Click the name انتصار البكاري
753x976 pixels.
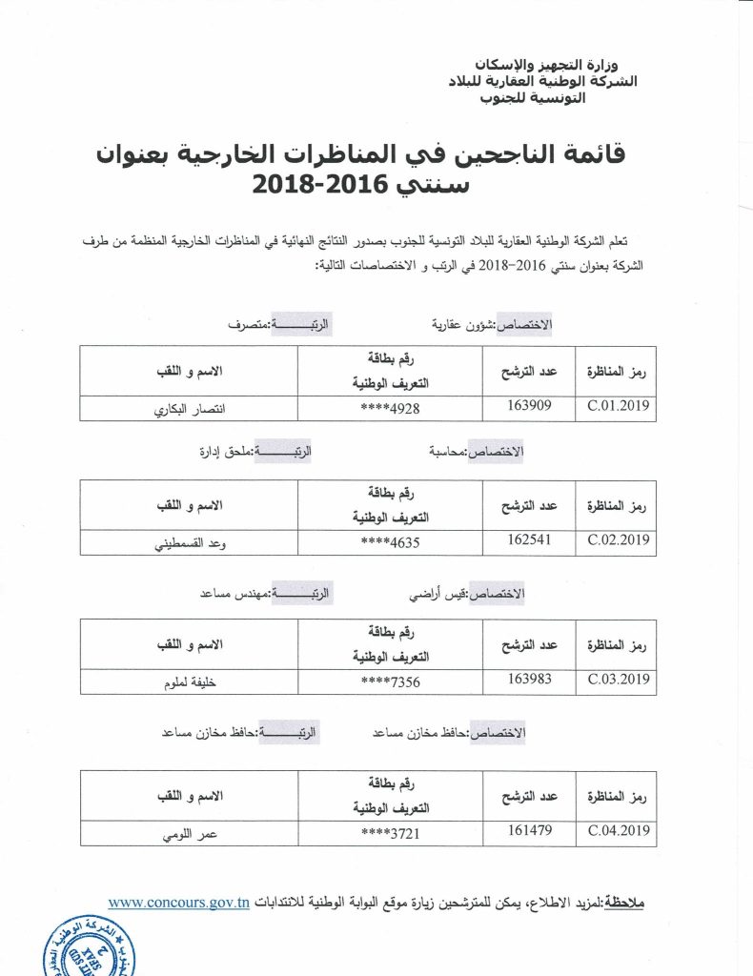[190, 411]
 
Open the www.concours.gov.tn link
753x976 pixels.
[179, 902]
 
